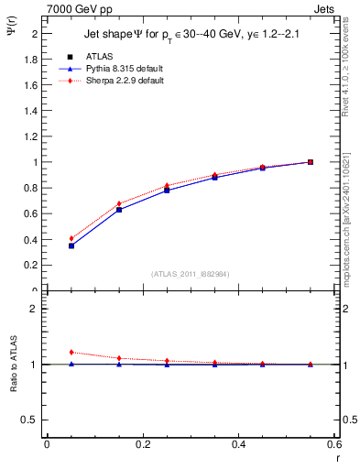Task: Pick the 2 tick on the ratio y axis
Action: point(33,309)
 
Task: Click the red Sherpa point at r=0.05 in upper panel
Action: point(71,238)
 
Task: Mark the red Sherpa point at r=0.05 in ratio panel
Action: point(71,352)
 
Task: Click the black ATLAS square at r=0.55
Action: point(311,162)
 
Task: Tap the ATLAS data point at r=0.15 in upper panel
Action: point(119,210)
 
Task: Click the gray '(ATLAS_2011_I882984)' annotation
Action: point(190,274)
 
